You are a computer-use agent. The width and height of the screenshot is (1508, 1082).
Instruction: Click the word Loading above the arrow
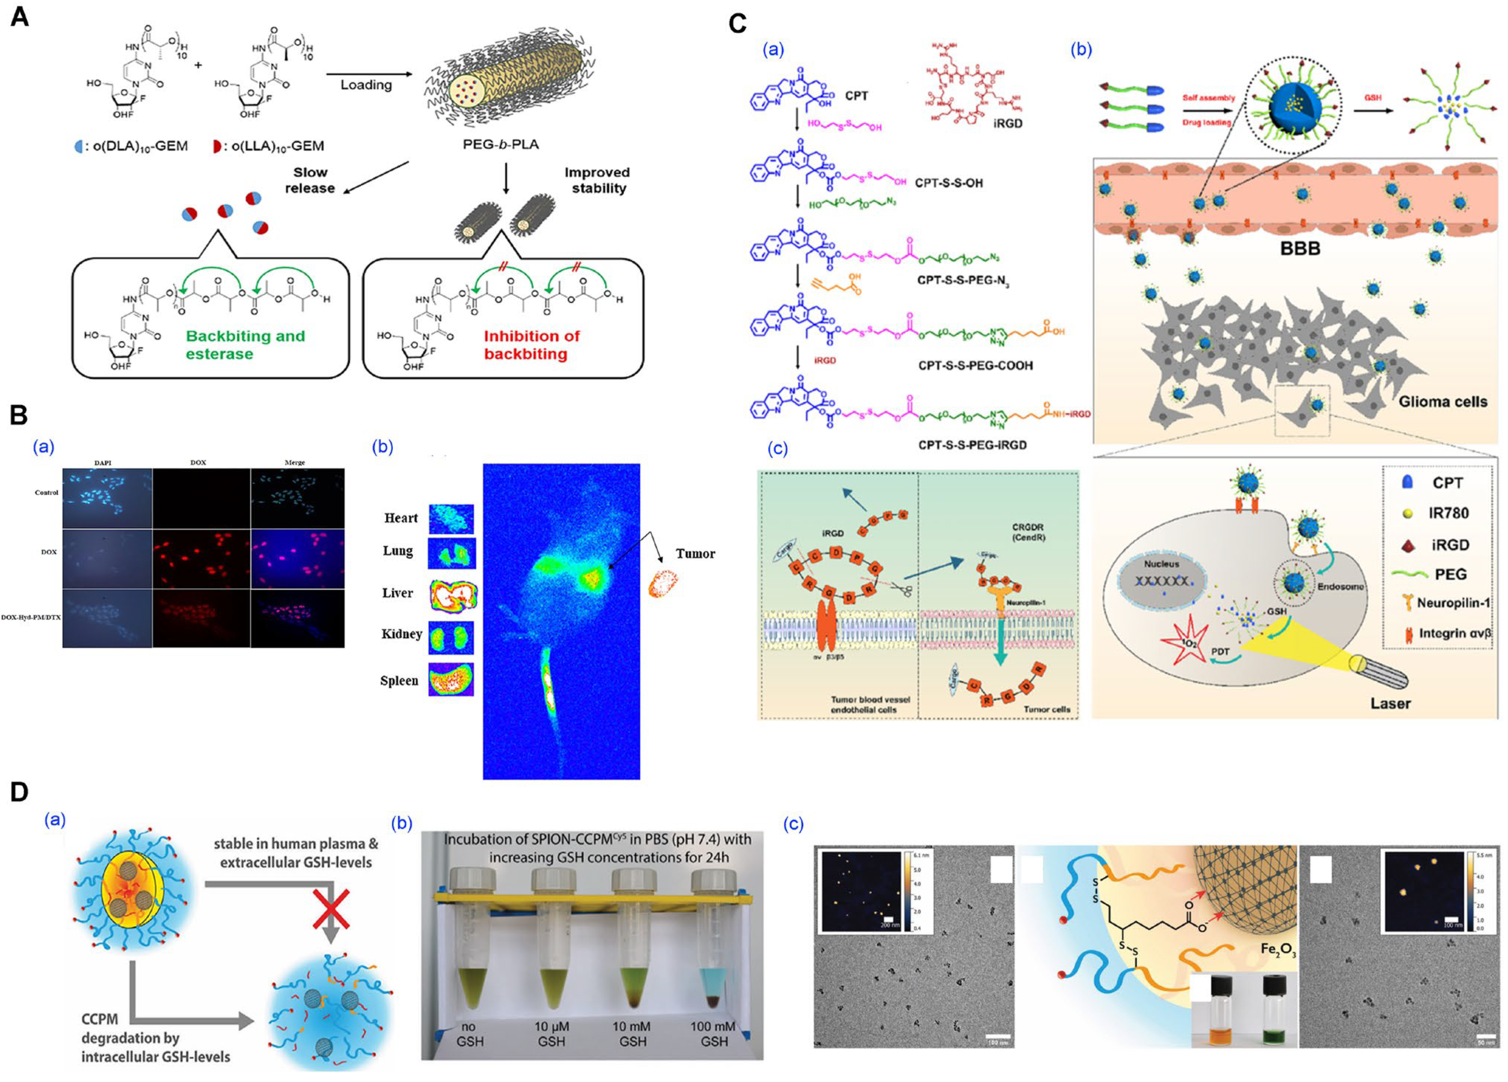point(366,85)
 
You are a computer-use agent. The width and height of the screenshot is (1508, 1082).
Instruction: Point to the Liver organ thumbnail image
point(452,595)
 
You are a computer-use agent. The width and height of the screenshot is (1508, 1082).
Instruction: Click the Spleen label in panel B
point(399,680)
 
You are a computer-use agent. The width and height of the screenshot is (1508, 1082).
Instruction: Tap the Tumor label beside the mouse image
point(695,553)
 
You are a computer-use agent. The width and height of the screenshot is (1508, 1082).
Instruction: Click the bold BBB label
point(1299,249)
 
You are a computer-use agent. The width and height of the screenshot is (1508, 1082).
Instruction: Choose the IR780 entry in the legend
point(1448,513)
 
